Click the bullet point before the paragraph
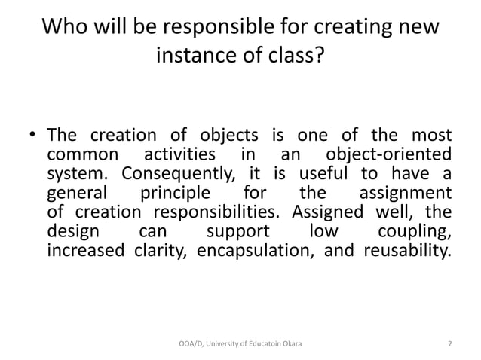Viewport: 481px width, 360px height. coord(33,137)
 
